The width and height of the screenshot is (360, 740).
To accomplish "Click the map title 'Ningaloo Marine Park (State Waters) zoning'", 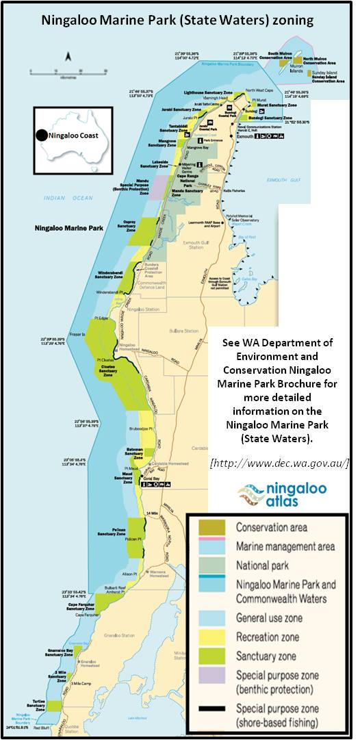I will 177,20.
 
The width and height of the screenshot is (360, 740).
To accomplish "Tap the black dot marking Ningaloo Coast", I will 42,136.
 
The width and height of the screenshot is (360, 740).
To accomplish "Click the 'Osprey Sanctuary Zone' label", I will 125,229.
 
